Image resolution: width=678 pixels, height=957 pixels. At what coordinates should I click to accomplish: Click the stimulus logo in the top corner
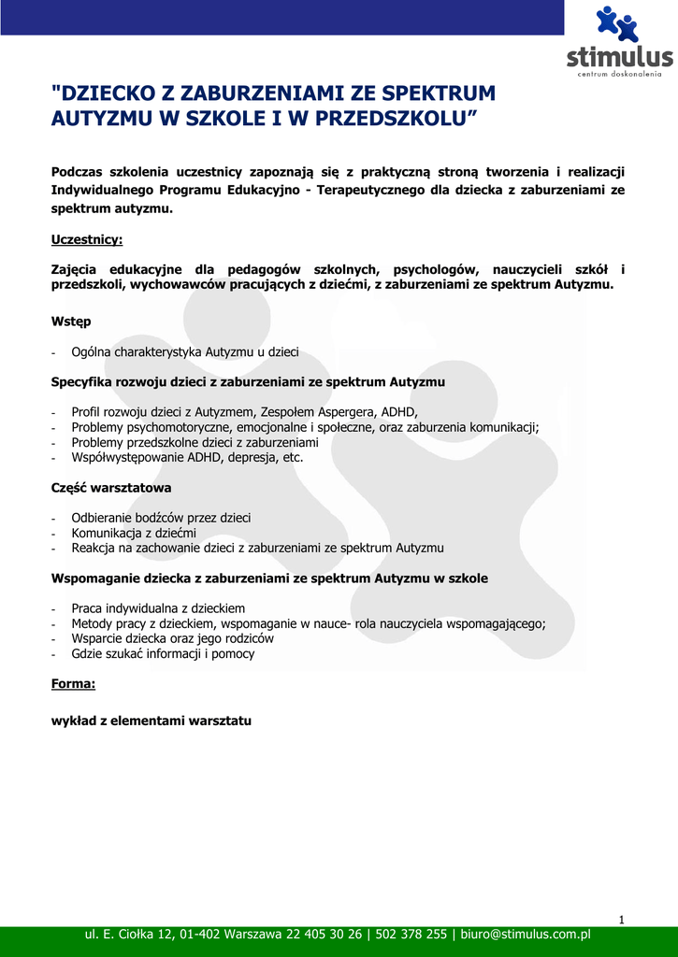(x=619, y=41)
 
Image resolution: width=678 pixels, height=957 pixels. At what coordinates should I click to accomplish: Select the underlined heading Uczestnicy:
(x=86, y=240)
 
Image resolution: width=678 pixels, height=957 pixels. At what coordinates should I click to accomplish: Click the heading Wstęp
(x=71, y=321)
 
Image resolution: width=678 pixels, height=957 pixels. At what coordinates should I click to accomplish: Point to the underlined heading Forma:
(x=73, y=684)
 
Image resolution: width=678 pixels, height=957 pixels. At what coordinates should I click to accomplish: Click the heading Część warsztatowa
(x=110, y=488)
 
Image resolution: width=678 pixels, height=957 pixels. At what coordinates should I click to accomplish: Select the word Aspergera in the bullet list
(x=347, y=412)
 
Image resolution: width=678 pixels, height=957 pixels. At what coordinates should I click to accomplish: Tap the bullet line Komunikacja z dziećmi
(x=134, y=533)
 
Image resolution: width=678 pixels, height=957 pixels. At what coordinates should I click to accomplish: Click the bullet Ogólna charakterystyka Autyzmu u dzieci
(x=185, y=352)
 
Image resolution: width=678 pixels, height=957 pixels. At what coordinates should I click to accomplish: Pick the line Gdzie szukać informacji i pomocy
(x=163, y=654)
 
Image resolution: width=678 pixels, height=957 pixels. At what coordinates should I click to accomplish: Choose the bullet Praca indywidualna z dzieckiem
(x=158, y=608)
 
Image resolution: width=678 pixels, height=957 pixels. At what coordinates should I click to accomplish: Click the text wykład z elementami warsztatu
(x=151, y=721)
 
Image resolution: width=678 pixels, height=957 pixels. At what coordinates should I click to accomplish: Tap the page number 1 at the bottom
(x=621, y=920)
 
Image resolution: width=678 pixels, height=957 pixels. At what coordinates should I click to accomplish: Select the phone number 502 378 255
(x=411, y=935)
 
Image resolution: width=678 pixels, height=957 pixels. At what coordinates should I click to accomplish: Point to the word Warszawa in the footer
(x=252, y=935)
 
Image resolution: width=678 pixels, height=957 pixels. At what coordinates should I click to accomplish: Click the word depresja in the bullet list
(x=248, y=458)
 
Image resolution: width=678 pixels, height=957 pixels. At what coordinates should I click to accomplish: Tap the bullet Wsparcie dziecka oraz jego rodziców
(x=172, y=639)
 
